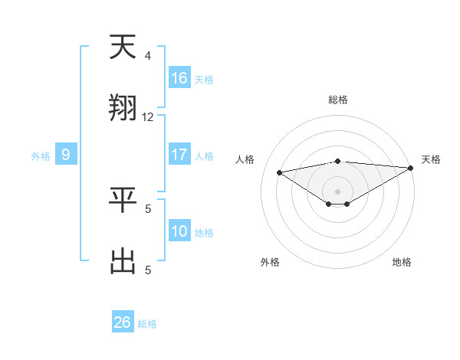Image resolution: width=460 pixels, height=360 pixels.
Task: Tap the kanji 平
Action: pos(123,200)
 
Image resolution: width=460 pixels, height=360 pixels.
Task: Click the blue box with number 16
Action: pos(179,78)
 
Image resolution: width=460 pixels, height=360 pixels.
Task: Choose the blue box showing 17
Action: pos(179,155)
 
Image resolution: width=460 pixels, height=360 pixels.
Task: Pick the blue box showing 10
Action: pos(179,231)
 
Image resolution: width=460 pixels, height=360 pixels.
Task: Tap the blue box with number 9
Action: pos(66,155)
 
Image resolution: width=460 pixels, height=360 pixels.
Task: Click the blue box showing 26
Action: pos(123,322)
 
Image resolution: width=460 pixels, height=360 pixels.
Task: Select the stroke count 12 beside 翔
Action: pos(148,117)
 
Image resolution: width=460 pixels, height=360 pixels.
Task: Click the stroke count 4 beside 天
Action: pos(148,55)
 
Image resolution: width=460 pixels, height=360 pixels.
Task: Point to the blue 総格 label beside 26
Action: pos(147,324)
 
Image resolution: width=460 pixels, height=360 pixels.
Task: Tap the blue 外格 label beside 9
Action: pos(41,156)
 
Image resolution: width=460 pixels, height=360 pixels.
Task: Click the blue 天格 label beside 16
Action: pos(204,80)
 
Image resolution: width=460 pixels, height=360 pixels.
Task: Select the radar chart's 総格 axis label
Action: pos(338,100)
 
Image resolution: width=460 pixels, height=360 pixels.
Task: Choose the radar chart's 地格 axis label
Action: pos(402,262)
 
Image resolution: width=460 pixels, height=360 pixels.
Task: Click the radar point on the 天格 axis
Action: pos(411,168)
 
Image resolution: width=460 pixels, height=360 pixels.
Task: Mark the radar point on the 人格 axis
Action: pos(280,172)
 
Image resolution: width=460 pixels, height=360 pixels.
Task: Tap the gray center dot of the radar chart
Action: pos(338,191)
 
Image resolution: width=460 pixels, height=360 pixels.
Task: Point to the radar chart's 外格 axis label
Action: pos(270,262)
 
